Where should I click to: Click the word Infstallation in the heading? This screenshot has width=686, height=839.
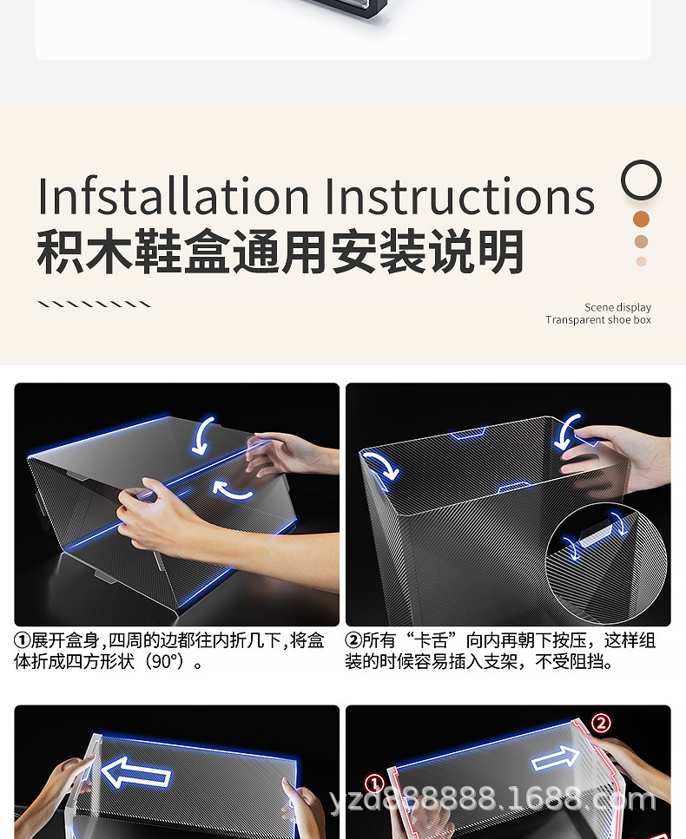175,196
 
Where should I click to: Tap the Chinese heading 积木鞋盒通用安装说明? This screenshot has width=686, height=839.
280,252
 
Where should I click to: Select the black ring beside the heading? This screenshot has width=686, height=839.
641,180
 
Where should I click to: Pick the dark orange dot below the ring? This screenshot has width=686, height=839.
641,219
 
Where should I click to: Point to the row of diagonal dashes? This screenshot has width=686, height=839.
94,305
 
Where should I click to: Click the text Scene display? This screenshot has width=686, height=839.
617,307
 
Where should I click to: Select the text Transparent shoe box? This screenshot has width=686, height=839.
597,320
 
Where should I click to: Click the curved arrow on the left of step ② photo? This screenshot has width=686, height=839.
379,464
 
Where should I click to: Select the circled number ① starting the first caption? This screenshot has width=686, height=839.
23,641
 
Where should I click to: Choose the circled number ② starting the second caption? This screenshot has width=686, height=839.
353,641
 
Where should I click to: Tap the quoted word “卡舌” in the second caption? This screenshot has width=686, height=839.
431,641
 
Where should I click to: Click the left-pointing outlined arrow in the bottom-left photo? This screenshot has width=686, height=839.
135,771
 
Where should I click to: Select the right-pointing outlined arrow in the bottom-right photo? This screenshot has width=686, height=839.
555,759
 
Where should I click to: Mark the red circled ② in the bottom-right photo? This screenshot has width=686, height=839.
601,723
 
